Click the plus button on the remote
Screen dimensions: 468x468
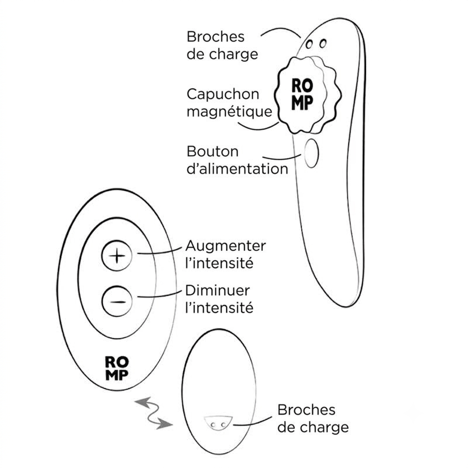pyautogui.click(x=117, y=256)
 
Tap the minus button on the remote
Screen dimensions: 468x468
pyautogui.click(x=117, y=302)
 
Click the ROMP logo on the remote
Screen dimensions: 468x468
pyautogui.click(x=117, y=368)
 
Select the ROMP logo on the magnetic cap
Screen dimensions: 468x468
pyautogui.click(x=302, y=94)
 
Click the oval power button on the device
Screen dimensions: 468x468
pyautogui.click(x=311, y=153)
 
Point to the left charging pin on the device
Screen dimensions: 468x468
pyautogui.click(x=309, y=44)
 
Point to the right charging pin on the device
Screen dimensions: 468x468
pyautogui.click(x=323, y=43)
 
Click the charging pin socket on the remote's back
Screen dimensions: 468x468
pyautogui.click(x=218, y=423)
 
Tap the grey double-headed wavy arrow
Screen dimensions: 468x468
pyautogui.click(x=154, y=413)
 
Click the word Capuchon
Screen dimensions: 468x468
pyautogui.click(x=223, y=95)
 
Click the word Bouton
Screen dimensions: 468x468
pyautogui.click(x=213, y=151)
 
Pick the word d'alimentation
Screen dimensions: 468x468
pyautogui.click(x=237, y=169)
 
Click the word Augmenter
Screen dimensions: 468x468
pyautogui.click(x=225, y=246)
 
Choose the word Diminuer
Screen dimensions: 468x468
pyautogui.click(x=217, y=290)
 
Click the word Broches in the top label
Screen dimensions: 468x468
pyautogui.click(x=216, y=37)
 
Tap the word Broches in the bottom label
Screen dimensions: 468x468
pyautogui.click(x=306, y=410)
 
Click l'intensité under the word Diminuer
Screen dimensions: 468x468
pyautogui.click(x=219, y=308)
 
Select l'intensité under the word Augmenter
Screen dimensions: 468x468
pyautogui.click(x=219, y=264)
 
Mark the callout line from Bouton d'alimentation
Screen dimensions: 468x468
pyautogui.click(x=282, y=158)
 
